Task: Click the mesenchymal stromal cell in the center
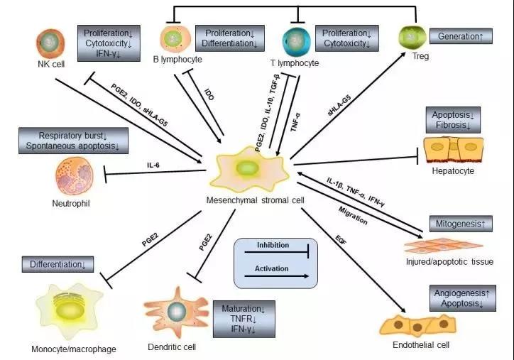(248, 171)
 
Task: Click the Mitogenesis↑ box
(461, 224)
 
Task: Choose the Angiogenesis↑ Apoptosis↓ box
(461, 298)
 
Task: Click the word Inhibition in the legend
(266, 246)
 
